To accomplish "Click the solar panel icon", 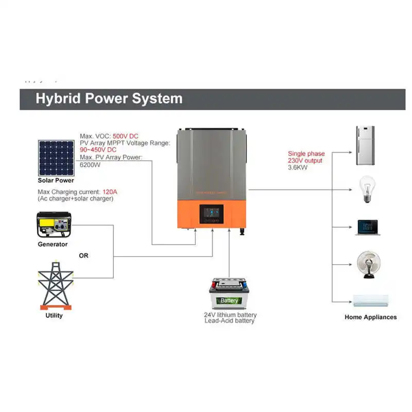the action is pyautogui.click(x=55, y=158).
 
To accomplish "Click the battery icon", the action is pyautogui.click(x=229, y=294).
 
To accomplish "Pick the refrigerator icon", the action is pyautogui.click(x=365, y=145).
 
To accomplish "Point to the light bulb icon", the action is pyautogui.click(x=366, y=189).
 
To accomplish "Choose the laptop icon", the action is pyautogui.click(x=367, y=228).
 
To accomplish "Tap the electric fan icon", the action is pyautogui.click(x=368, y=264).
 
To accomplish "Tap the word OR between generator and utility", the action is pyautogui.click(x=83, y=255).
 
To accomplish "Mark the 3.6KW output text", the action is pyautogui.click(x=298, y=167).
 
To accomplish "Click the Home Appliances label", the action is pyautogui.click(x=370, y=317).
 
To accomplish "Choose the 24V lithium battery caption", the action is pyautogui.click(x=230, y=315).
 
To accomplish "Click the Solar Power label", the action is pyautogui.click(x=56, y=180).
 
